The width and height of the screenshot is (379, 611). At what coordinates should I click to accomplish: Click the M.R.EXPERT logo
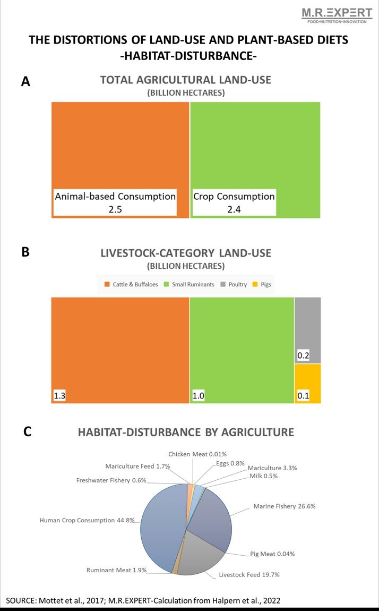pos(337,14)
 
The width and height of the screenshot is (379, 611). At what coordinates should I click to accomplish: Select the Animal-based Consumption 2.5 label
pos(115,202)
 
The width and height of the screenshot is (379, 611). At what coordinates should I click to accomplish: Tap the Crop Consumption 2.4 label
pos(234,202)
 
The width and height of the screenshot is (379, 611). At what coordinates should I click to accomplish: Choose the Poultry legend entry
pos(234,284)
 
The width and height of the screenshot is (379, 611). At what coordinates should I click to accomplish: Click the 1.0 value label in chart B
pos(199,395)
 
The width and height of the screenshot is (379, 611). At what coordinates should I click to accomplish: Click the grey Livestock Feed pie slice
pos(199,553)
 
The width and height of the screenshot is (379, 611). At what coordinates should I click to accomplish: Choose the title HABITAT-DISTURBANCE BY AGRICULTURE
pos(186,432)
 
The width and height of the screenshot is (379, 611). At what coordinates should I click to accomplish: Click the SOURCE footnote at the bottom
pos(143,600)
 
